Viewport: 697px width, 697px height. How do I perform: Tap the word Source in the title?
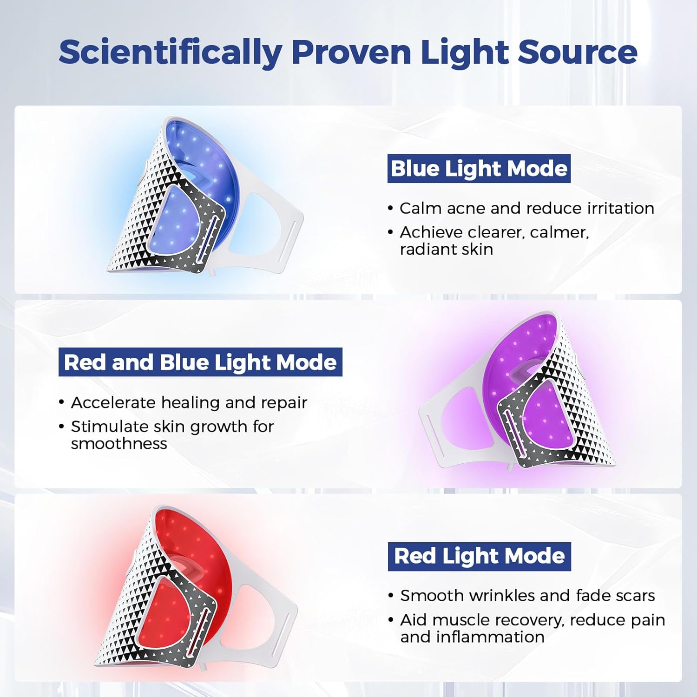578,52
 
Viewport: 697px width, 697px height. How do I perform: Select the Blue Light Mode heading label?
479,169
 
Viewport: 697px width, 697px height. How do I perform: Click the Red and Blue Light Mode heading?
200,362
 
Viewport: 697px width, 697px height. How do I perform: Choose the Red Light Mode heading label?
480,556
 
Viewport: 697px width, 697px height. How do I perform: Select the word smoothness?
119,444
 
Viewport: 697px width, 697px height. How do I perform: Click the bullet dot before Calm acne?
390,209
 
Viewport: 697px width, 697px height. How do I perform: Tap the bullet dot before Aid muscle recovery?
391,620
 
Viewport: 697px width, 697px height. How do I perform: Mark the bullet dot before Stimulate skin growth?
61,427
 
